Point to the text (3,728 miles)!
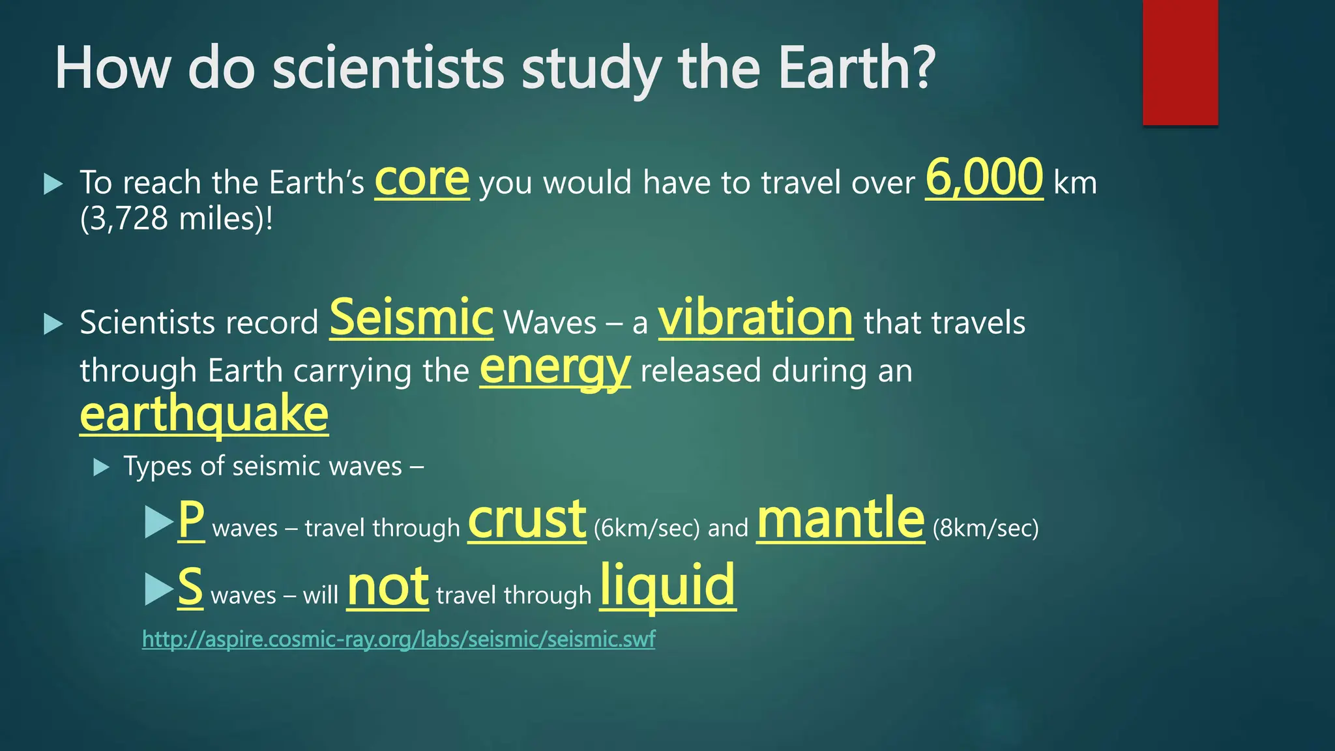pyautogui.click(x=177, y=219)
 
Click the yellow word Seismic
pyautogui.click(x=411, y=317)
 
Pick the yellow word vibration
pyautogui.click(x=756, y=317)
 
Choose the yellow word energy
pyautogui.click(x=555, y=368)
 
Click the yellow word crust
pyautogui.click(x=527, y=520)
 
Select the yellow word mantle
pyautogui.click(x=840, y=519)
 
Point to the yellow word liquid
pyautogui.click(x=667, y=585)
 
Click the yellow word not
pyautogui.click(x=388, y=587)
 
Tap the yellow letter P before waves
pyautogui.click(x=191, y=520)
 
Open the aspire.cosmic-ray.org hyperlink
pyautogui.click(x=398, y=639)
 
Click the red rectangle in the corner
pyautogui.click(x=1180, y=63)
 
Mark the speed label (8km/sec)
pyautogui.click(x=986, y=528)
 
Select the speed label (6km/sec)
pyautogui.click(x=647, y=528)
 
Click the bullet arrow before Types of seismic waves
pyautogui.click(x=101, y=467)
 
